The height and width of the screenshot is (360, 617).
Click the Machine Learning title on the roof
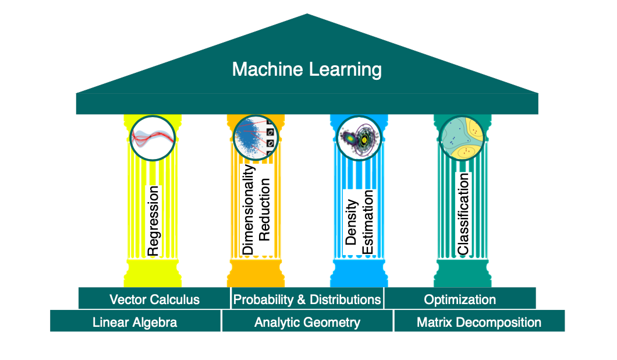(307, 70)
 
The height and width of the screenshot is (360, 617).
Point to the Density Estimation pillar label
(360, 222)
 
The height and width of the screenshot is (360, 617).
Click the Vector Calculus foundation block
(154, 299)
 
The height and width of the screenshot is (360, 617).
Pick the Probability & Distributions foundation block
(307, 299)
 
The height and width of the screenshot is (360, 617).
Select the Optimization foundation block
(460, 299)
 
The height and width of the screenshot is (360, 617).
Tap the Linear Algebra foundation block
(135, 322)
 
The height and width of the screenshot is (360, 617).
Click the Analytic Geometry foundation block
(307, 322)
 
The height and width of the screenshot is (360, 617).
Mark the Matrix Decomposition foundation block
(479, 322)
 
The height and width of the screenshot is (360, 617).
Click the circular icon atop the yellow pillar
(153, 137)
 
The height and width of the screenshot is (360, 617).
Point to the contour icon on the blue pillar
(360, 137)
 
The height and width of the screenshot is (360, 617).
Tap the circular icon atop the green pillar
(463, 137)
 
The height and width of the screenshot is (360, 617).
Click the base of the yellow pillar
(153, 274)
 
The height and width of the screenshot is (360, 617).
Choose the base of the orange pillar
(256, 274)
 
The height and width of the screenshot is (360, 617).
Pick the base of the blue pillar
(360, 274)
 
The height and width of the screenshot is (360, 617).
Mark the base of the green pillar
(463, 274)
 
